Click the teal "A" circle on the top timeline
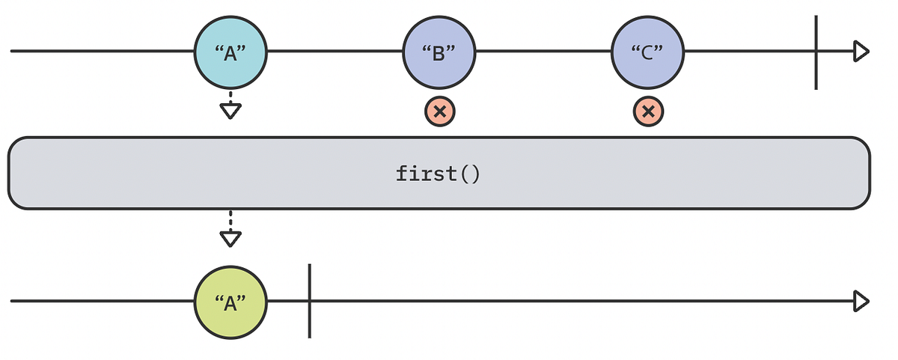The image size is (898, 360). (x=230, y=52)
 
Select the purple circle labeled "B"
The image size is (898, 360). (x=439, y=52)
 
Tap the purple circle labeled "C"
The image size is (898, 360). (x=648, y=52)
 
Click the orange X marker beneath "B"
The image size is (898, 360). (x=440, y=112)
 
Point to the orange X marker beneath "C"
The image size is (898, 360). (x=648, y=112)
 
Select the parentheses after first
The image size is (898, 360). (x=468, y=174)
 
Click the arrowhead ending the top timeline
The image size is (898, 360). (x=861, y=52)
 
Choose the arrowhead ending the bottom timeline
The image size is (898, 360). (x=861, y=302)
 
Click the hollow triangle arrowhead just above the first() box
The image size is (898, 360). (x=230, y=112)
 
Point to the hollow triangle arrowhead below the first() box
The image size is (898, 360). (x=230, y=239)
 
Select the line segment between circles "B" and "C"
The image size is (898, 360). (x=543, y=52)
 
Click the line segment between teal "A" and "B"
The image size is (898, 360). (x=335, y=52)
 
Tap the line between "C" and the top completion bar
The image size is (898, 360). (x=748, y=52)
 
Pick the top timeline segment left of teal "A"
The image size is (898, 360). (x=101, y=52)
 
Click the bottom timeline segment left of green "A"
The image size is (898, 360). (x=101, y=302)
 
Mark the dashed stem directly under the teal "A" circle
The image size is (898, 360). (x=230, y=97)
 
